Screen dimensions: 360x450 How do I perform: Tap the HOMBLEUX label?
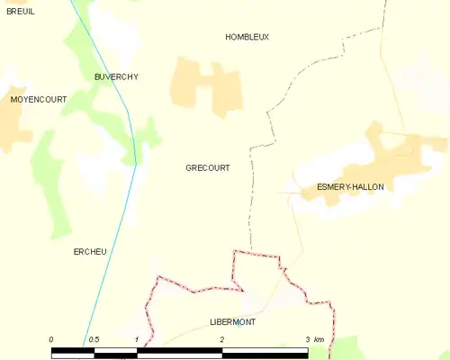(247, 36)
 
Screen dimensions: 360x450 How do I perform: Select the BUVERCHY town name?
(116, 77)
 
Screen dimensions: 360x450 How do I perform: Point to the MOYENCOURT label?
(38, 100)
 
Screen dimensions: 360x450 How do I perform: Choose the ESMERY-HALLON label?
(350, 186)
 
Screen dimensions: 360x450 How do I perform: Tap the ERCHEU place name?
(90, 251)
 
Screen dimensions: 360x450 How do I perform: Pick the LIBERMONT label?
(232, 321)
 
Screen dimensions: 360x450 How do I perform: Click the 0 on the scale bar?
(51, 338)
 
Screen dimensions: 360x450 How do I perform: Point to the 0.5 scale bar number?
(94, 338)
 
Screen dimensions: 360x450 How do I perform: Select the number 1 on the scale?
(136, 338)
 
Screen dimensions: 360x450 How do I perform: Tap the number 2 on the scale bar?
(221, 338)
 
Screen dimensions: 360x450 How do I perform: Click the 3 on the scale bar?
(307, 338)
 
